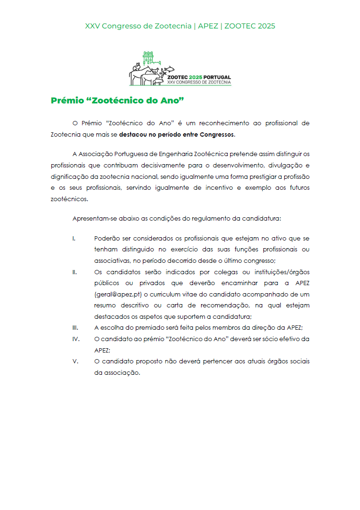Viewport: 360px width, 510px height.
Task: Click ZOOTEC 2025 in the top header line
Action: coord(249,26)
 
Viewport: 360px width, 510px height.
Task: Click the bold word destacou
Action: coord(133,134)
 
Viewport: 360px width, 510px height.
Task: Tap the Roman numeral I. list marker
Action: coord(74,238)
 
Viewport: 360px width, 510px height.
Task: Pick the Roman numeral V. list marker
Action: coord(75,362)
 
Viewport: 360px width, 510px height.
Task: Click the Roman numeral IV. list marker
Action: coord(75,339)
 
